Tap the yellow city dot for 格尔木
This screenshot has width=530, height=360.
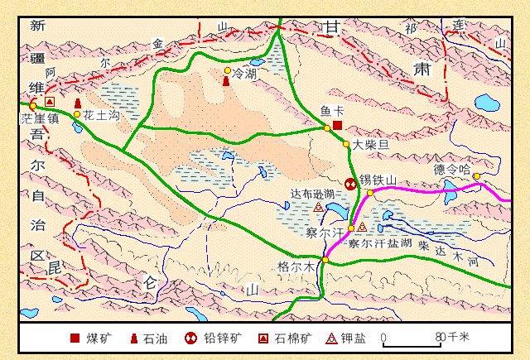pos(325,261)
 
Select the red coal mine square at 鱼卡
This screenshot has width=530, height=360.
pos(337,125)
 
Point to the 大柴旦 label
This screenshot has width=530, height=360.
pos(369,144)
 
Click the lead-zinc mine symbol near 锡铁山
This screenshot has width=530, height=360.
pos(351,183)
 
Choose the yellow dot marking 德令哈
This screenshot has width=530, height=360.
pos(476,176)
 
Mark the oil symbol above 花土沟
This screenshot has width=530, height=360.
pos(78,103)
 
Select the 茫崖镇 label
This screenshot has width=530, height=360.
pos(36,118)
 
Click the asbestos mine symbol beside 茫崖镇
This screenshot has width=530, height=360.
pos(50,102)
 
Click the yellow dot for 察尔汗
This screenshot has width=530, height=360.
pos(350,228)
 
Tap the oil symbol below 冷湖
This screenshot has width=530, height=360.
pos(227,81)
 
